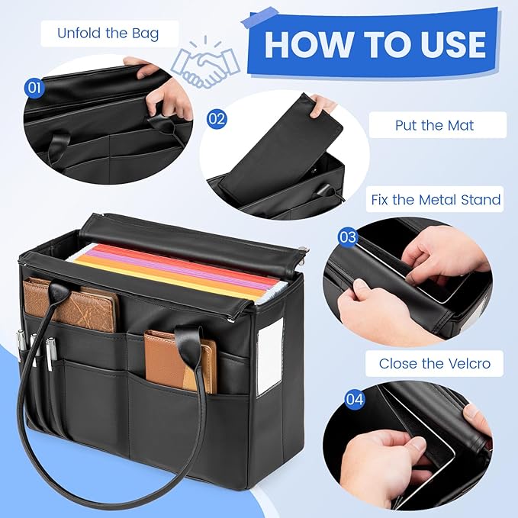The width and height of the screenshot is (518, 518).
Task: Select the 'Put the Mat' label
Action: point(434,125)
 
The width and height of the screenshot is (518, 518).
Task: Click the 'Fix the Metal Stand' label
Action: point(436,200)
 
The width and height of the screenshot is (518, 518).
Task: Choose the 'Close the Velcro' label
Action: point(434,364)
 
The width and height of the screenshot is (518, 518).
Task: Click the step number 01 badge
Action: point(34,87)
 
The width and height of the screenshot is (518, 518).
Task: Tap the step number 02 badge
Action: point(217,119)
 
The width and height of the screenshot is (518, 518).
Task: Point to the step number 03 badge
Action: point(348,237)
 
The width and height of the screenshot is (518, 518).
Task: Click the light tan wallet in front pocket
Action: point(180,359)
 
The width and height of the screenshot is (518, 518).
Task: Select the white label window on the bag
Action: point(270,357)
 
